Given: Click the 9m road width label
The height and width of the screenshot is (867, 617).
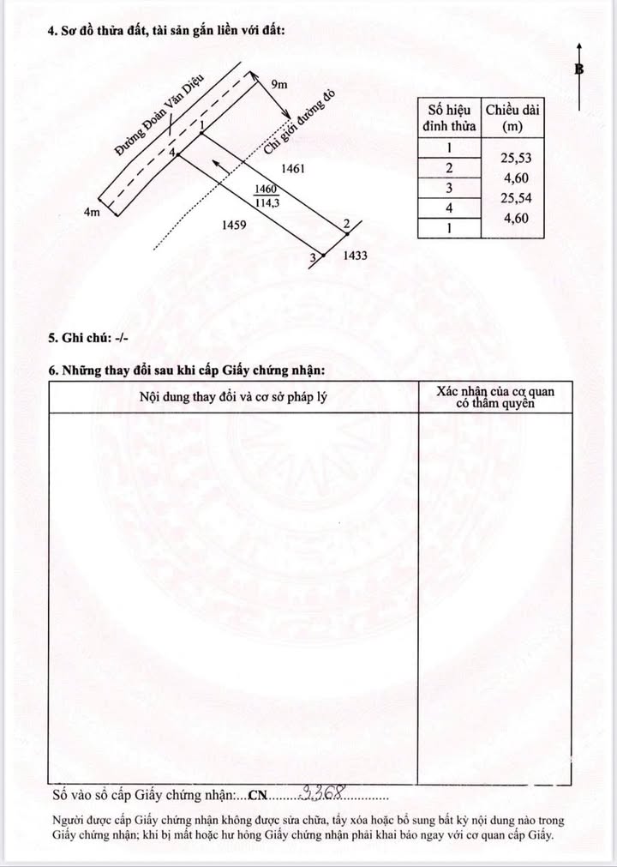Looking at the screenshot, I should tap(279, 84).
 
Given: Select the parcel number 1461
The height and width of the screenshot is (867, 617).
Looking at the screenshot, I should tap(293, 169).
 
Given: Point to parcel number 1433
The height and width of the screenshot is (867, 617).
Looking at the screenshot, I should tap(355, 256).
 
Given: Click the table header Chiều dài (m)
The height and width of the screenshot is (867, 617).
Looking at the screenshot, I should tap(512, 117).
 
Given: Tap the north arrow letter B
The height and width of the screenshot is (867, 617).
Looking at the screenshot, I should tap(580, 69).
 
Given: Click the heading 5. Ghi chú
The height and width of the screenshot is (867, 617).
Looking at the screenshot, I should tap(88, 338).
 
